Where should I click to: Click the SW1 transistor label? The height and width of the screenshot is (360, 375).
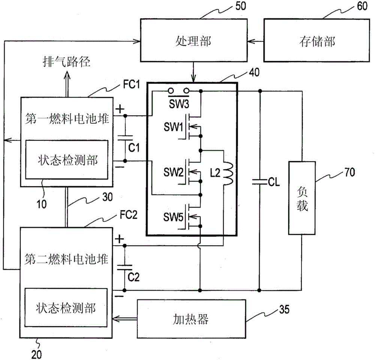point(172,127)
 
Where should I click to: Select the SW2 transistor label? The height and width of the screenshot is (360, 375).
point(173,172)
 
